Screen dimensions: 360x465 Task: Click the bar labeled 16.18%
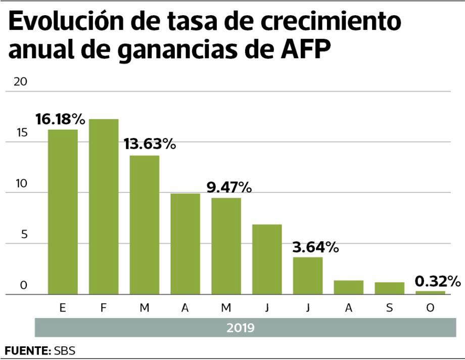[63, 211]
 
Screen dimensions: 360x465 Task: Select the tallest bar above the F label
[104, 206]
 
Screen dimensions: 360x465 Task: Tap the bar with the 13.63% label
[145, 224]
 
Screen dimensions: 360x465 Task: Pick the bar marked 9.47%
[226, 246]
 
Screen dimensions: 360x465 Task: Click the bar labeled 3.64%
[308, 276]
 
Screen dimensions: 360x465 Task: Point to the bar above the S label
[389, 288]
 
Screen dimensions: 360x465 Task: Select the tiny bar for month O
[430, 292]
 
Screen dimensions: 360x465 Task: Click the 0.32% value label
[438, 281]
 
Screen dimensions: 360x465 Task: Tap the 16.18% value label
[60, 119]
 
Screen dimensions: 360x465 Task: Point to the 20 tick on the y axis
[20, 82]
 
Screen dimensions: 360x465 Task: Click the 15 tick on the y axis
[20, 133]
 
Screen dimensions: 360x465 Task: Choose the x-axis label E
[63, 307]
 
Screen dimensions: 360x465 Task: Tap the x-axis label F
[104, 307]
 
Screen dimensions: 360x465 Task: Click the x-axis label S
[389, 307]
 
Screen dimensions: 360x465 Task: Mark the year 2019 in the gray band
[240, 328]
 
